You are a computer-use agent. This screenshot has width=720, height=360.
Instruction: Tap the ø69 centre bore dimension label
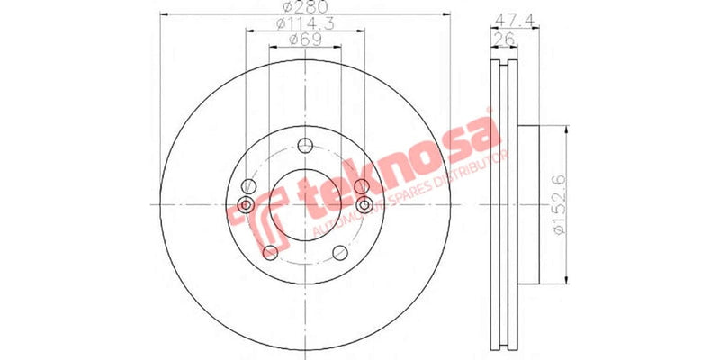click(x=306, y=40)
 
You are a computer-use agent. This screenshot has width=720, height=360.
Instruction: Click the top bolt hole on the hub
click(x=306, y=146)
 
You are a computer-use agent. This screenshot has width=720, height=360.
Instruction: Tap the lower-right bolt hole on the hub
click(x=340, y=252)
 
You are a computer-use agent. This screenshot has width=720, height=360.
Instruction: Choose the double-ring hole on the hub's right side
click(x=364, y=206)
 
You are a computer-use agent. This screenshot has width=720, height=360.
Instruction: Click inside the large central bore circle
click(x=306, y=206)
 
